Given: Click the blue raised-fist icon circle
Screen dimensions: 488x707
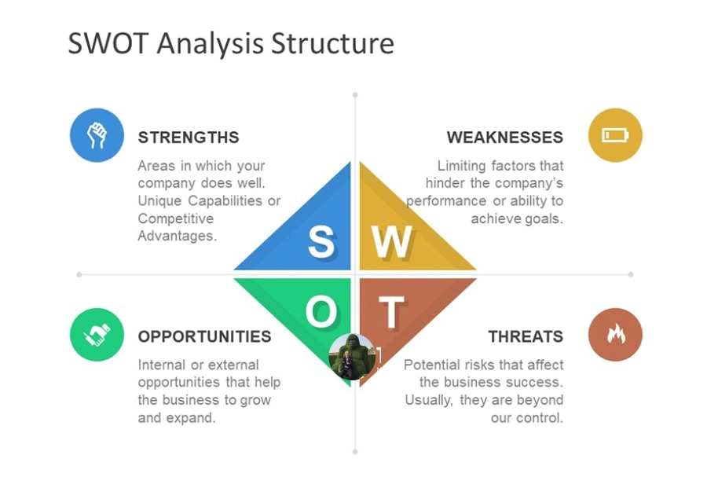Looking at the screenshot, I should (97, 135).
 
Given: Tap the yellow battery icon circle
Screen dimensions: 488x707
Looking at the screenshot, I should (615, 135).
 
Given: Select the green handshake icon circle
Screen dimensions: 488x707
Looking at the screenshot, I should (97, 335).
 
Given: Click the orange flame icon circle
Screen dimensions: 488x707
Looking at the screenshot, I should (615, 335).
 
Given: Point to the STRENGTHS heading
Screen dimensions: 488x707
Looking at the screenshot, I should (189, 138).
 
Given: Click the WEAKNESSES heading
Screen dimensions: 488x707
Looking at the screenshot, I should (504, 138).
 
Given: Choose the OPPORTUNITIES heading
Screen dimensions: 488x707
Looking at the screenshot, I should (204, 336).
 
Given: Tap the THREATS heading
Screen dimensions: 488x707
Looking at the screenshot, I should (525, 336).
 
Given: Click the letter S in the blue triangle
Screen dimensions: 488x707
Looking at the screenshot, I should (321, 241).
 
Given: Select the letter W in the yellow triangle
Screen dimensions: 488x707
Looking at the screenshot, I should (390, 241).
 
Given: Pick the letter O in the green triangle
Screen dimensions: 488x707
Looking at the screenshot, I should (321, 313).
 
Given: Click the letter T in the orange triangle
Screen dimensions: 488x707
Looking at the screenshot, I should (391, 313).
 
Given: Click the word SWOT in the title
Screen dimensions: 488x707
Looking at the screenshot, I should (108, 43).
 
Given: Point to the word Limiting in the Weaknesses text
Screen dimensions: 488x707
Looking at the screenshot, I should (461, 166).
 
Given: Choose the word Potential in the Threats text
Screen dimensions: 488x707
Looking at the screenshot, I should (431, 365).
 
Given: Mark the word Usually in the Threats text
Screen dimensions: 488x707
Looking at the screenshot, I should (429, 400).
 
